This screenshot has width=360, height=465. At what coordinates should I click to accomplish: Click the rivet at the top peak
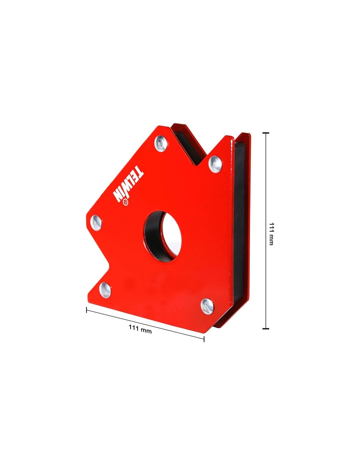[x=161, y=143]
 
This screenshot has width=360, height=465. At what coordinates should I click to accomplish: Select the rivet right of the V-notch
[x=215, y=164]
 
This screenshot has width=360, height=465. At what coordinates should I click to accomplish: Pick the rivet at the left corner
[x=96, y=223]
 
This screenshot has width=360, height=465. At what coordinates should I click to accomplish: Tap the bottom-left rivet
[x=105, y=290]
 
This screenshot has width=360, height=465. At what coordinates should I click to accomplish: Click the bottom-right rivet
[x=207, y=306]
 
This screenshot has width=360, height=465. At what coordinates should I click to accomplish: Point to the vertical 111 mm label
[x=271, y=234]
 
